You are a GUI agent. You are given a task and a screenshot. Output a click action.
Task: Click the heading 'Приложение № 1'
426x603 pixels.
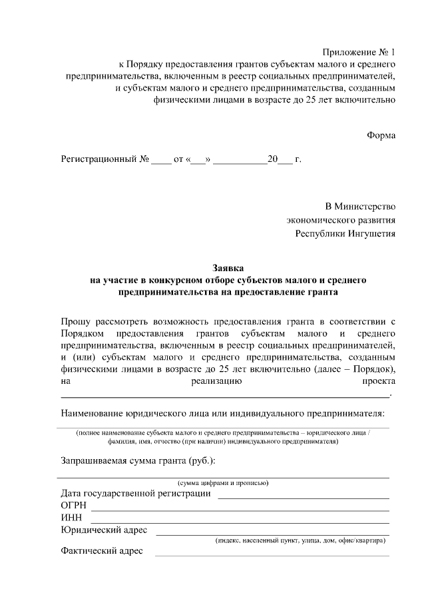pos(359,52)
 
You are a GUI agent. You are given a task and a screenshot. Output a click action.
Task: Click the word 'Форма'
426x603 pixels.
pos(381,135)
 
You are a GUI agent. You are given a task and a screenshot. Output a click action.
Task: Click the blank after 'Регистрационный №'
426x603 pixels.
pos(161,161)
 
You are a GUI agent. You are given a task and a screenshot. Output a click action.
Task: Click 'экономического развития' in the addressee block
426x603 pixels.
pos(341,220)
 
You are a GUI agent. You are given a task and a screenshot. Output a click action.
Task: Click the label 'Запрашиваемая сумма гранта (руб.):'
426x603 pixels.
pos(138,461)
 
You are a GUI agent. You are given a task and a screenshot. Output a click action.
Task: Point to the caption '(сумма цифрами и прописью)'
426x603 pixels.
pos(222,482)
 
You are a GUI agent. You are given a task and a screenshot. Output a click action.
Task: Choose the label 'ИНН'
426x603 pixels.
pos(71,518)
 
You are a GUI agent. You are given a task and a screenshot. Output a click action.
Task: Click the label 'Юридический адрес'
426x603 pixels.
pos(104,530)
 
